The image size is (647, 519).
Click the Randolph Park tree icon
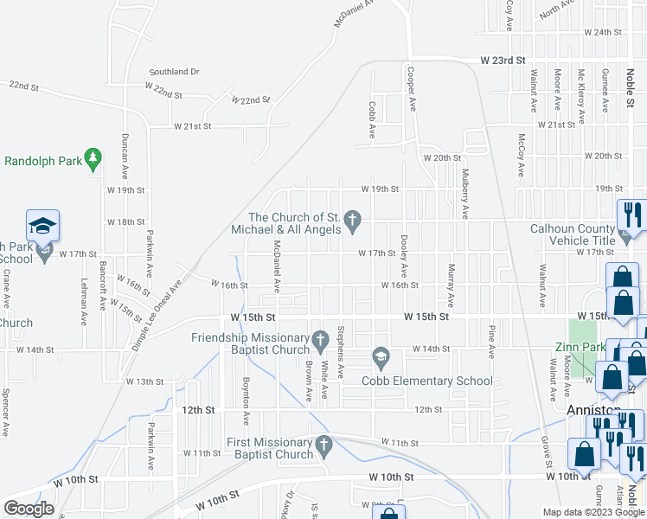pyautogui.click(x=95, y=159)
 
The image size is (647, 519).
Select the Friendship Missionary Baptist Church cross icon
pyautogui.click(x=320, y=337)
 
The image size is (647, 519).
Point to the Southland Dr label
pyautogui.click(x=174, y=72)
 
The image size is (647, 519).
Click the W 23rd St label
pyautogui.click(x=503, y=61)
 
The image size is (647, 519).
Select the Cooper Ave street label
pyautogui.click(x=412, y=89)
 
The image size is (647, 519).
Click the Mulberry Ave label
pyautogui.click(x=464, y=194)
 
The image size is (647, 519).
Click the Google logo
pyautogui.click(x=29, y=509)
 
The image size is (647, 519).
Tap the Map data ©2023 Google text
pyautogui.click(x=593, y=512)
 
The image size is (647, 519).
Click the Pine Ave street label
pyautogui.click(x=491, y=342)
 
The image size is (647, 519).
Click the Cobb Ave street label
pyautogui.click(x=371, y=121)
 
